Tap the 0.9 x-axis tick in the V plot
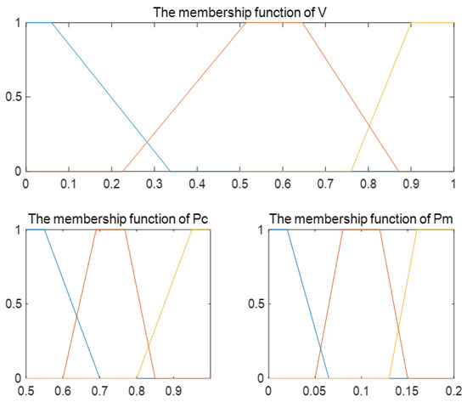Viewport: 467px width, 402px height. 411,181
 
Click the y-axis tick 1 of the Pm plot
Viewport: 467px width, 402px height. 258,230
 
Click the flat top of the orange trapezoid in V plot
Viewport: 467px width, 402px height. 274,23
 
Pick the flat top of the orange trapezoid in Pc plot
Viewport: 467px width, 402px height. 111,230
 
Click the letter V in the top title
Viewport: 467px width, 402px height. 324,13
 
